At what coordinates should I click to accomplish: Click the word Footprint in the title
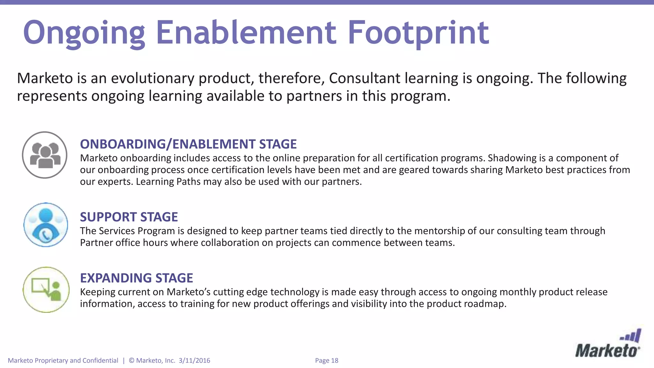coord(418,33)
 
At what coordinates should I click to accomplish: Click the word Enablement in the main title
coord(246,33)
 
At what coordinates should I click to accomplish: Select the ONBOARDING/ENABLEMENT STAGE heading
coord(188,144)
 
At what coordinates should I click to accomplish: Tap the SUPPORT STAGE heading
coord(129,217)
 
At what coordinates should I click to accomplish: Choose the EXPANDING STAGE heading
coord(136,278)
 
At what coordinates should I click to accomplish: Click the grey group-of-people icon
coord(45,155)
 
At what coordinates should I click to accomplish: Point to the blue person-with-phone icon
coord(46,225)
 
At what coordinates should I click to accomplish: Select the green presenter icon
coord(46,290)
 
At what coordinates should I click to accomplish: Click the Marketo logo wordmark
coord(607,351)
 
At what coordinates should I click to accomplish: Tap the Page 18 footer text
coord(326,360)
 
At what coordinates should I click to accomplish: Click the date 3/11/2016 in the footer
coord(194,360)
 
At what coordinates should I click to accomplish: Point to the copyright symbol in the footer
coord(132,360)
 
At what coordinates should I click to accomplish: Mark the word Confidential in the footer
coord(100,360)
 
